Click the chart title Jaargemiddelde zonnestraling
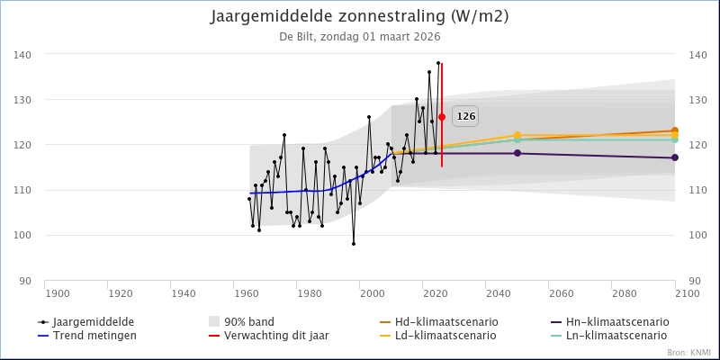359,17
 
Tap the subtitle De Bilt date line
359,37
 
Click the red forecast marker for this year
442,117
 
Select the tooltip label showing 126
465,116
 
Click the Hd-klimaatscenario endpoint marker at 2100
674,130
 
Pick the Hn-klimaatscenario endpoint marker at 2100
674,157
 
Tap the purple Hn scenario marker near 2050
517,153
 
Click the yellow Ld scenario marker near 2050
517,135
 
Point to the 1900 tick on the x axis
57,293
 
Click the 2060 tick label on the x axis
561,293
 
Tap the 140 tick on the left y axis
23,55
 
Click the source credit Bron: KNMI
689,353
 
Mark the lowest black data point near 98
354,243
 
